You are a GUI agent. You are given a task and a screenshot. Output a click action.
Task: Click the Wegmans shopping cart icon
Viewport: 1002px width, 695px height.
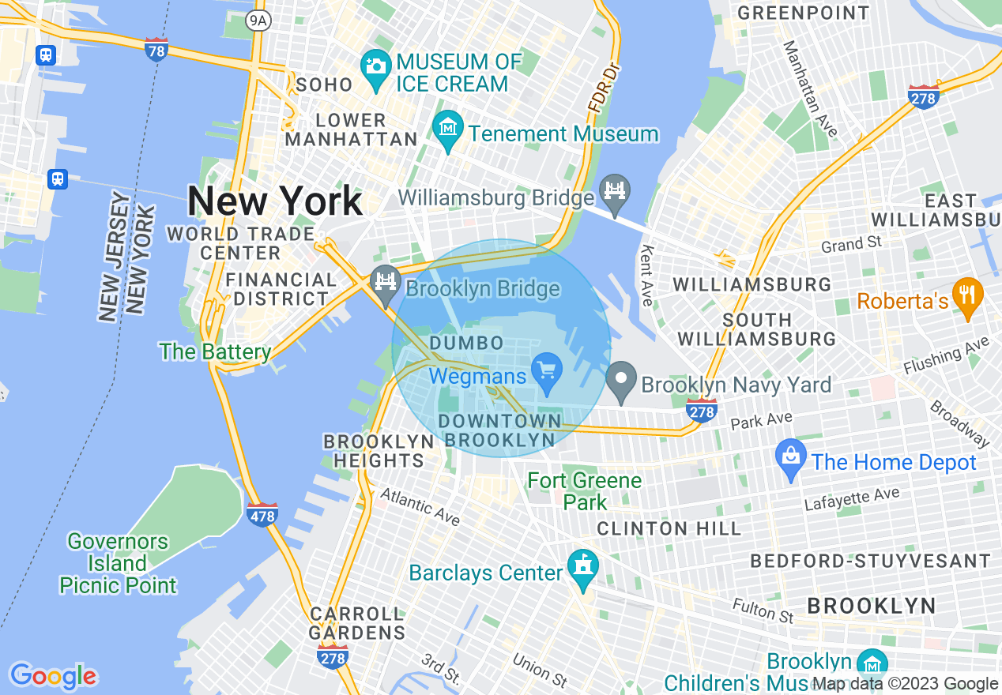pyautogui.click(x=546, y=369)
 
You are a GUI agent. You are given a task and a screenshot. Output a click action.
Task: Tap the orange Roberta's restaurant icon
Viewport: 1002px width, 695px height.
pyautogui.click(x=967, y=295)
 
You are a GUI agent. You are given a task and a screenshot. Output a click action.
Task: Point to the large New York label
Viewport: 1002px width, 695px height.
pyautogui.click(x=275, y=201)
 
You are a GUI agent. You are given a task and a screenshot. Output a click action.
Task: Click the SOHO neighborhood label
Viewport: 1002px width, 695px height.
pyautogui.click(x=324, y=85)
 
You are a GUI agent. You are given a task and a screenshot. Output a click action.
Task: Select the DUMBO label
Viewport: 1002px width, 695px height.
pyautogui.click(x=466, y=344)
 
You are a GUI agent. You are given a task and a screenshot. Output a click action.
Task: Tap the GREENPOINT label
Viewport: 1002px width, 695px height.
pyautogui.click(x=803, y=13)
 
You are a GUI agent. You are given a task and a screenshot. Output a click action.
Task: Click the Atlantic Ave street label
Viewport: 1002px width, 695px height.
pyautogui.click(x=420, y=506)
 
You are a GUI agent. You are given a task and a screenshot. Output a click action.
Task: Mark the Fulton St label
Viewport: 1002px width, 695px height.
pyautogui.click(x=763, y=610)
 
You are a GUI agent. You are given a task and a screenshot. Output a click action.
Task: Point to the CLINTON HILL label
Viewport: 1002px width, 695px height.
pyautogui.click(x=669, y=528)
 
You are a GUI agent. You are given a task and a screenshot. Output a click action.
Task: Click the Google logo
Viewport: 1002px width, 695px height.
pyautogui.click(x=53, y=676)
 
